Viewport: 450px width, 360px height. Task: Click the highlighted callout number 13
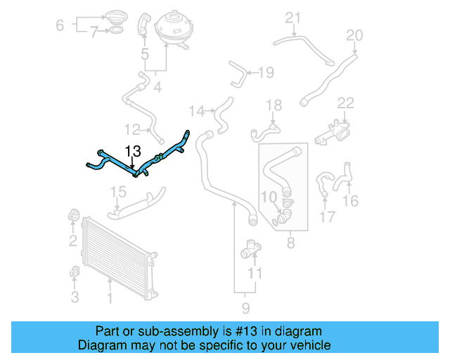pos(133,150)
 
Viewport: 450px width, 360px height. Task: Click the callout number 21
pos(292,18)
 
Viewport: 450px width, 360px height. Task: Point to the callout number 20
pos(355,34)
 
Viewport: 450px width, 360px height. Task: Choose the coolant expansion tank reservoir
pos(169,29)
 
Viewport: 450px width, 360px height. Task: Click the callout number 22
pos(345,103)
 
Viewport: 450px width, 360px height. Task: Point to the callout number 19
pos(266,72)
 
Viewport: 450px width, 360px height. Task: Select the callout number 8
pos(290,244)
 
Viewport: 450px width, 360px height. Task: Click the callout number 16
pos(349,202)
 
